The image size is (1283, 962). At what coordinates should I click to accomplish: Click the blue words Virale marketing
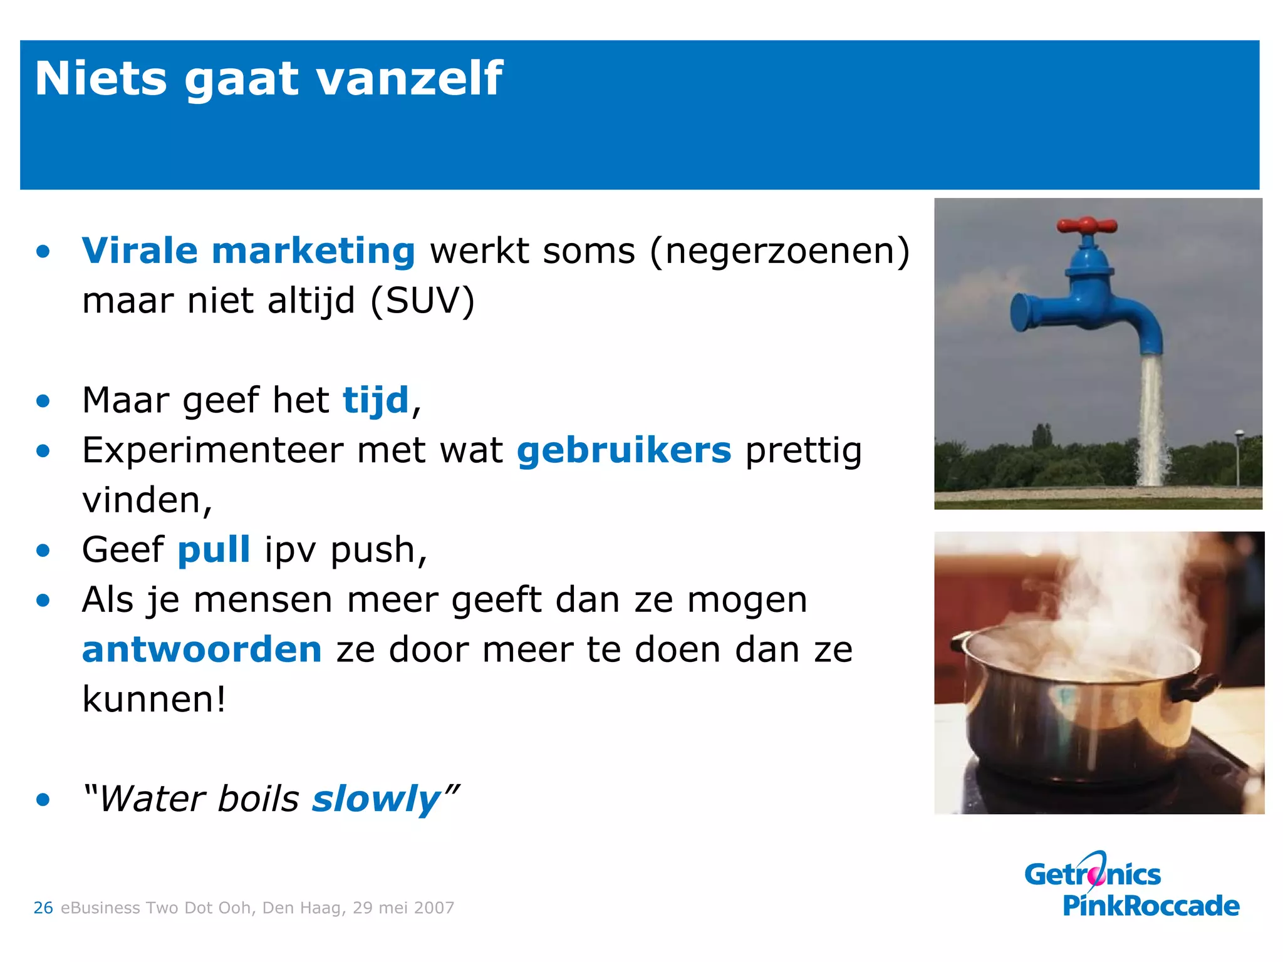tap(248, 251)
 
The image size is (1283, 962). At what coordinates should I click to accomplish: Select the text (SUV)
tap(423, 301)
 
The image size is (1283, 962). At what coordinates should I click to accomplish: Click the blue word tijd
tap(375, 401)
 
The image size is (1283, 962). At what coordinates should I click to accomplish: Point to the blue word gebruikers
tap(624, 450)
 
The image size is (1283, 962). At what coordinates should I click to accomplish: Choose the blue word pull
tap(214, 551)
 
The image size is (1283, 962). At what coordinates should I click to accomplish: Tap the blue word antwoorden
tap(202, 649)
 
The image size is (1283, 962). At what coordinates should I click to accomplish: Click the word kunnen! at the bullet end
tap(154, 700)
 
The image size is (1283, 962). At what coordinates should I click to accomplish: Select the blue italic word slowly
tap(376, 800)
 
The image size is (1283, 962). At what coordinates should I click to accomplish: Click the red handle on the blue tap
tap(1087, 225)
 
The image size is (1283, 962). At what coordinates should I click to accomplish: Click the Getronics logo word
tap(1093, 874)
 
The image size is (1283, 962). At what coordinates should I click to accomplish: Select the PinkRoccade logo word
tap(1151, 906)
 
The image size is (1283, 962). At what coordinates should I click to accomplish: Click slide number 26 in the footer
tap(43, 908)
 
